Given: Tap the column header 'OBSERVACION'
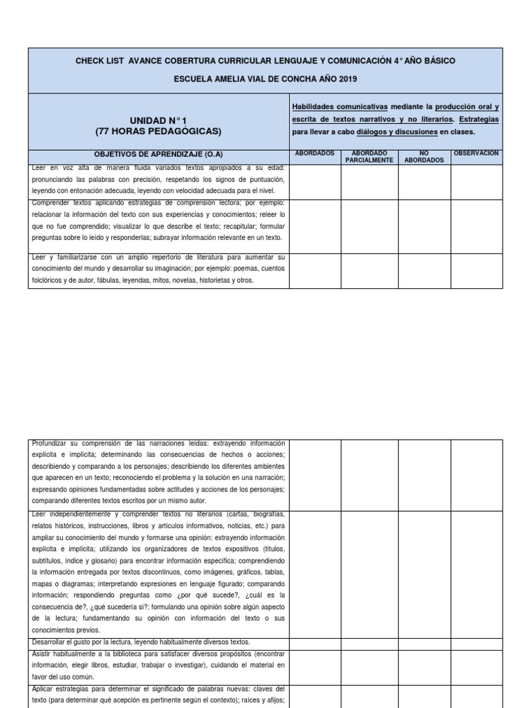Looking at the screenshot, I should [x=476, y=153].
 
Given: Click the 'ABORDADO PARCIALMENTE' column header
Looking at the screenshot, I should [x=369, y=157].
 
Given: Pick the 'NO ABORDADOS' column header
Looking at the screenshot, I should [x=424, y=157].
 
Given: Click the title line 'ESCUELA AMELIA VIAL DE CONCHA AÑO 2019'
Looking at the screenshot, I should [x=265, y=80].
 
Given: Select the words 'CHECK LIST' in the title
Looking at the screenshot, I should [x=97, y=61].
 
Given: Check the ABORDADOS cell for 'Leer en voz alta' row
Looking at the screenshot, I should [x=314, y=181].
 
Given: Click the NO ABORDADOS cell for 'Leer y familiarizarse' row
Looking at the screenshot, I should [x=424, y=270].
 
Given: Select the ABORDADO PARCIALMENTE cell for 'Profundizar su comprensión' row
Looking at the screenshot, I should [x=369, y=474].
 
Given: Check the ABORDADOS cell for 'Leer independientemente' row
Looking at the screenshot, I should [x=314, y=573].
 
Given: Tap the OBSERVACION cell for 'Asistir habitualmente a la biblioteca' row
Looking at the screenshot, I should [x=476, y=665].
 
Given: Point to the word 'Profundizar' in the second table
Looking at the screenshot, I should [x=50, y=443].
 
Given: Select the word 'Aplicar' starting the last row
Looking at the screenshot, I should [x=44, y=689].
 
